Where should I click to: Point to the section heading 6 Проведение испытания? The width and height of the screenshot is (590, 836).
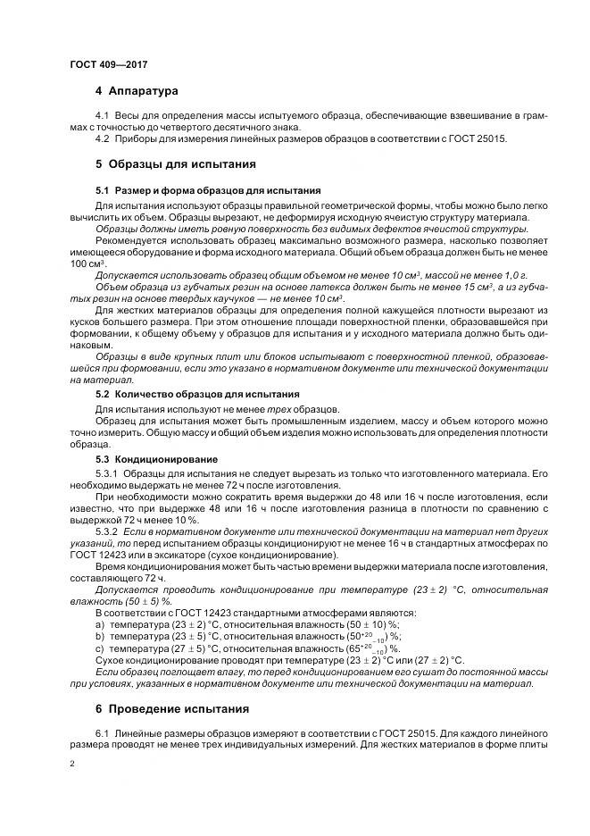[172, 709]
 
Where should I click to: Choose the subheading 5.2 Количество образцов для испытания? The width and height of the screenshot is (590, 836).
[197, 394]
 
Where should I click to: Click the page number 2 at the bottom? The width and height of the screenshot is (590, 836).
[71, 765]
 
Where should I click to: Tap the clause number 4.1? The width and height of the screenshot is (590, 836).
[102, 117]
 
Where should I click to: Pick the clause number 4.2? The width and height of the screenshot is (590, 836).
[102, 138]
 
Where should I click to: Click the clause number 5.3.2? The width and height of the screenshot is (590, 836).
[107, 531]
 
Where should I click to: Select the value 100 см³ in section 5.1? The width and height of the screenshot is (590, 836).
[87, 264]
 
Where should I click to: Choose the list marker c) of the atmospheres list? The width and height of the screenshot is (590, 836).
[100, 647]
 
